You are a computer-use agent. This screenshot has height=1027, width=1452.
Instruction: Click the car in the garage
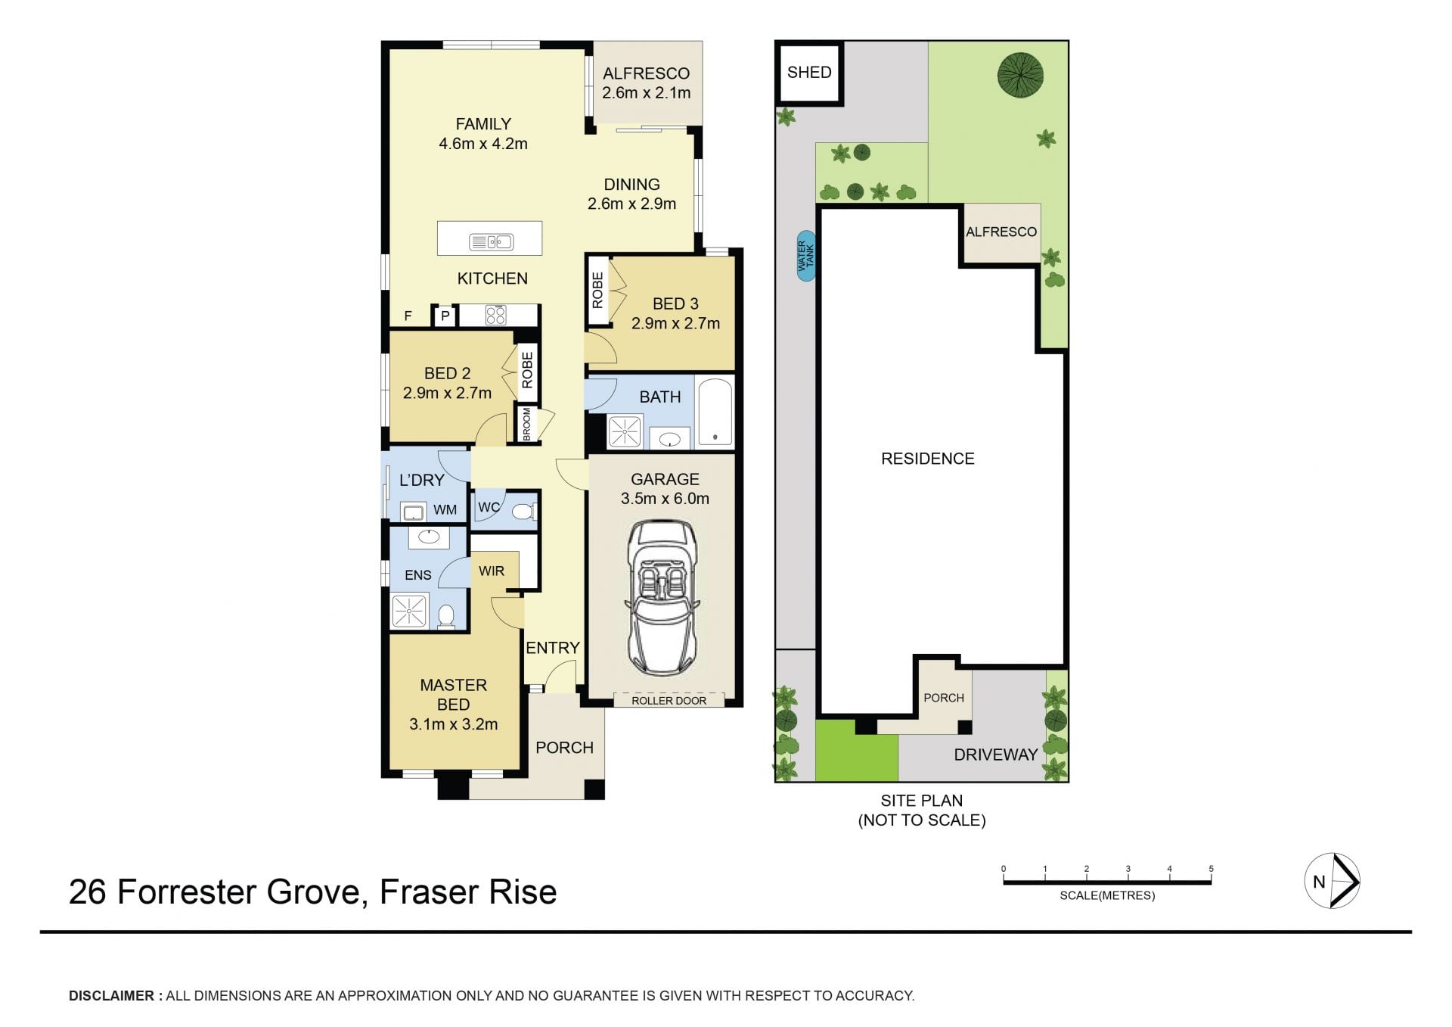click(663, 597)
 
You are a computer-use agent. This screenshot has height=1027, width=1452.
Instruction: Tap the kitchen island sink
click(491, 242)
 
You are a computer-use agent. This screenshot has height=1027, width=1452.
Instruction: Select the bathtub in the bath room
click(715, 412)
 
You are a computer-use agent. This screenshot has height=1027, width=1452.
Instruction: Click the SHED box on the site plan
click(809, 73)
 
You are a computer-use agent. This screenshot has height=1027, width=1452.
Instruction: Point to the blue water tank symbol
click(806, 256)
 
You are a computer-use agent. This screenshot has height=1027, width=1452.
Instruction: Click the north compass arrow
click(1343, 881)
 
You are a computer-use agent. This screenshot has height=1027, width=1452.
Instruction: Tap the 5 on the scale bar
click(1211, 869)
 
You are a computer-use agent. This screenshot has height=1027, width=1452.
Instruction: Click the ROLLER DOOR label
click(669, 701)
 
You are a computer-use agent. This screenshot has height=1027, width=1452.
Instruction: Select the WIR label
click(492, 571)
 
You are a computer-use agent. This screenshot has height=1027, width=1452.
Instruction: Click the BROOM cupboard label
click(527, 424)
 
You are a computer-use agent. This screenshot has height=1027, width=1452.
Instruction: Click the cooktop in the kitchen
click(495, 315)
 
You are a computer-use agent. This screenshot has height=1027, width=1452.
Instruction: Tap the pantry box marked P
click(445, 316)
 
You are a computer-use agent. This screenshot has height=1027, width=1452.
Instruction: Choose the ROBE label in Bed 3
click(597, 291)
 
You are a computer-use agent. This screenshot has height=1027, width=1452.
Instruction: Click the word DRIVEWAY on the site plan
click(995, 755)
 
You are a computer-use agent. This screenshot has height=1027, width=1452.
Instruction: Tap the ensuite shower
click(409, 611)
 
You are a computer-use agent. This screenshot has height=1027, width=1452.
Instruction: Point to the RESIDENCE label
click(928, 459)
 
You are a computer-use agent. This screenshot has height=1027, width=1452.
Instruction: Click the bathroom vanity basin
click(669, 437)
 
